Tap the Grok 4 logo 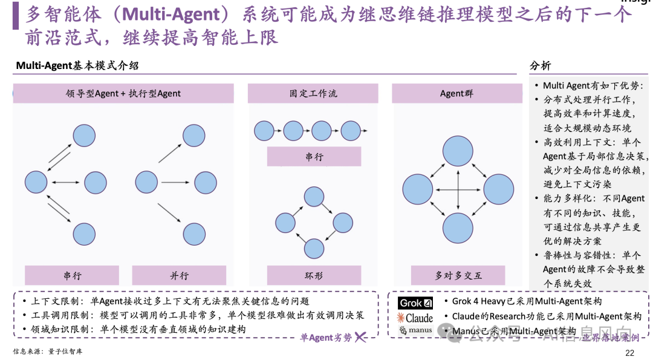tap(415, 303)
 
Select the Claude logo tap(415, 318)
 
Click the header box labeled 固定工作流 tap(313, 94)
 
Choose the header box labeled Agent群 tap(456, 94)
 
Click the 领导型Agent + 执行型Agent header tap(123, 94)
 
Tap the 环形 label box tap(313, 275)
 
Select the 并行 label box tap(179, 275)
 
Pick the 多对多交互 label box tap(458, 275)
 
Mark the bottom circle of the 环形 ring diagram tap(314, 249)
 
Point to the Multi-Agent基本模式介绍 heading tap(77, 66)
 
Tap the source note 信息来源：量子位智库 tap(48, 352)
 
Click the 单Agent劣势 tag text tap(325, 338)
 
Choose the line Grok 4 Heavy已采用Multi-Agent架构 tap(527, 301)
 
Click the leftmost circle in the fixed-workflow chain tap(264, 131)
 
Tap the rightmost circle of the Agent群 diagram tap(498, 189)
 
